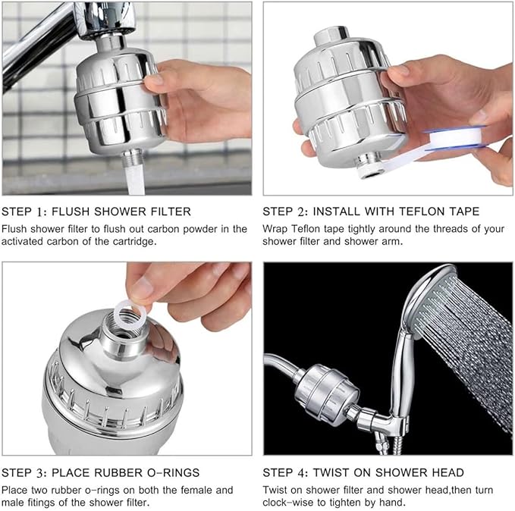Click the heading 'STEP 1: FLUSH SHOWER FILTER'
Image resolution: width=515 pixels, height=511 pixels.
pyautogui.click(x=96, y=212)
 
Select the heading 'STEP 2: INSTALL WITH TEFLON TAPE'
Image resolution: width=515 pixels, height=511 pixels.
pyautogui.click(x=371, y=212)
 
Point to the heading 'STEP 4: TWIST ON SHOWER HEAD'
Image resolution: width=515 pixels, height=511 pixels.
pyautogui.click(x=363, y=473)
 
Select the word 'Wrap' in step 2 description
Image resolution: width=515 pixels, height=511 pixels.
pyautogui.click(x=276, y=228)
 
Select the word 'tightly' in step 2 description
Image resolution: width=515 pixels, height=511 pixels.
pyautogui.click(x=365, y=228)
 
